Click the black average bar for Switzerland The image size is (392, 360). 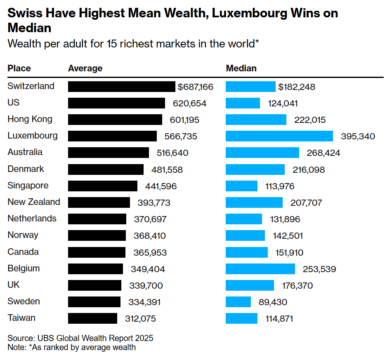121,87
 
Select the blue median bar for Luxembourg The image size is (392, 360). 279,136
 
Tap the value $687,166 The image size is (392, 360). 196,87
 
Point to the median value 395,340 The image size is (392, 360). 358,136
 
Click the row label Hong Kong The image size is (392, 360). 30,119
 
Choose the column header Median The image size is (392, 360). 241,68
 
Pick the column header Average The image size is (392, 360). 85,68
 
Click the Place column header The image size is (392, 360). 19,68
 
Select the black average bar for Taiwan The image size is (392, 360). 92,318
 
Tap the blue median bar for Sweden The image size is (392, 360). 238,302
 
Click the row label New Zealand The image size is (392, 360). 34,202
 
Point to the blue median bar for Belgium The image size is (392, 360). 260,269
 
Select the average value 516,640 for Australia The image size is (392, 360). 172,153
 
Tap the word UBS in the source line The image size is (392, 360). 44,338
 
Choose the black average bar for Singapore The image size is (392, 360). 102,186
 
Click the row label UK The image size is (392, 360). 14,285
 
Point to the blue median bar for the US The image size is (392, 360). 243,103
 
